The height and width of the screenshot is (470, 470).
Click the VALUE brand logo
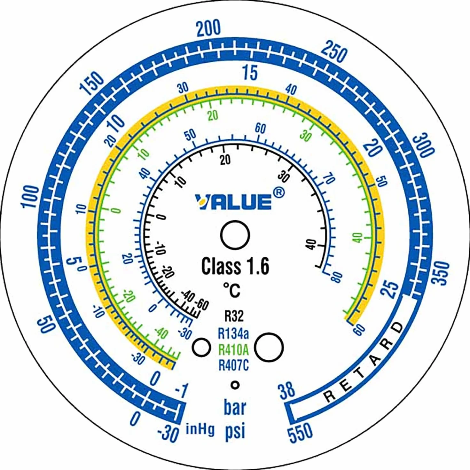click(x=233, y=202)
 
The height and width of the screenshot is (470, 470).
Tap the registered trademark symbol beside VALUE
click(x=279, y=193)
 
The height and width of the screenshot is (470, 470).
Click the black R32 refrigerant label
click(x=234, y=316)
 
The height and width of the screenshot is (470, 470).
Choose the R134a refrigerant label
click(x=233, y=333)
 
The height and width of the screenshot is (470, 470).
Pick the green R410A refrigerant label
click(x=233, y=350)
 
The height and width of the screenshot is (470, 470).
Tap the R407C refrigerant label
click(x=233, y=366)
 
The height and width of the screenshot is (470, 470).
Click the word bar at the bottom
click(x=235, y=407)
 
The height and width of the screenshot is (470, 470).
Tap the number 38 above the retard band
click(x=286, y=390)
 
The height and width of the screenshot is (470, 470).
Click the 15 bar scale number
click(x=250, y=73)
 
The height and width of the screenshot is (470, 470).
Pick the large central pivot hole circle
click(x=235, y=235)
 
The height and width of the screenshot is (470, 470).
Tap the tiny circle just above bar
click(x=235, y=385)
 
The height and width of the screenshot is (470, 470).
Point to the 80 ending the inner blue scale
click(x=336, y=277)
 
